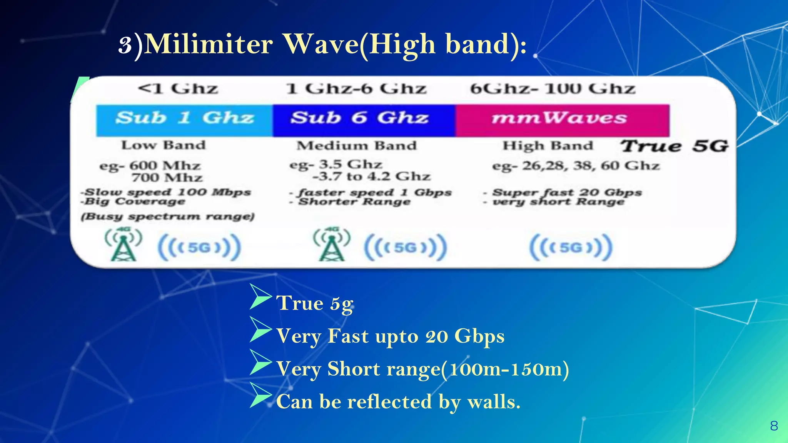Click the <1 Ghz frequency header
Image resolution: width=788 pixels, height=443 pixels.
tap(178, 89)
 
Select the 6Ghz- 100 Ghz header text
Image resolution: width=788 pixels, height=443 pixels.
tap(553, 89)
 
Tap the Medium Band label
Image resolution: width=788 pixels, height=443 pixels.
tap(356, 146)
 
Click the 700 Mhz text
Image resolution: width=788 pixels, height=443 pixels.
tap(167, 178)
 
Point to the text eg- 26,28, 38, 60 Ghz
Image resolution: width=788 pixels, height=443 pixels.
tap(576, 166)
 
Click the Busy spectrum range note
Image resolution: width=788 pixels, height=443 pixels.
tap(168, 217)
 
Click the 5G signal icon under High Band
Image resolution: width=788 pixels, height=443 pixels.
tap(571, 247)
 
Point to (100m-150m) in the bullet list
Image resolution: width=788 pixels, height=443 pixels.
tap(504, 369)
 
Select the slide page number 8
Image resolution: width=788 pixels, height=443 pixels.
tap(774, 426)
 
